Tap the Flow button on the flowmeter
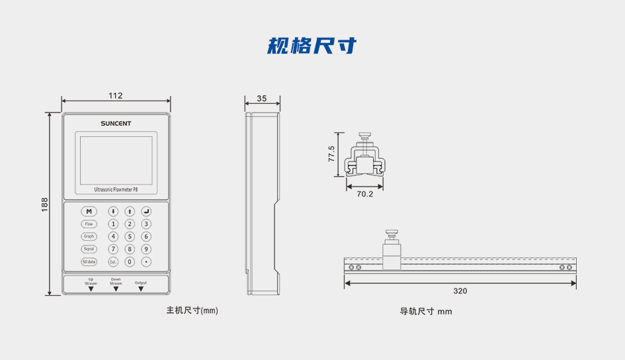(89, 224)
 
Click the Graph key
(89, 236)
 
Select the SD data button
(89, 261)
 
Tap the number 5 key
(130, 236)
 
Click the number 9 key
(146, 249)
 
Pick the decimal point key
(146, 261)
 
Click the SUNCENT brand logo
(116, 123)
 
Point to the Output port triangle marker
(141, 289)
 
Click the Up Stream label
(91, 281)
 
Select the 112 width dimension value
(116, 96)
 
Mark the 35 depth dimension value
(262, 99)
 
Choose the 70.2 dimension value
(365, 194)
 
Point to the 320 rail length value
(460, 291)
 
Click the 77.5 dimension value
(331, 154)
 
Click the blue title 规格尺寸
(312, 46)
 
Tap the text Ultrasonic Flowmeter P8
(116, 190)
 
